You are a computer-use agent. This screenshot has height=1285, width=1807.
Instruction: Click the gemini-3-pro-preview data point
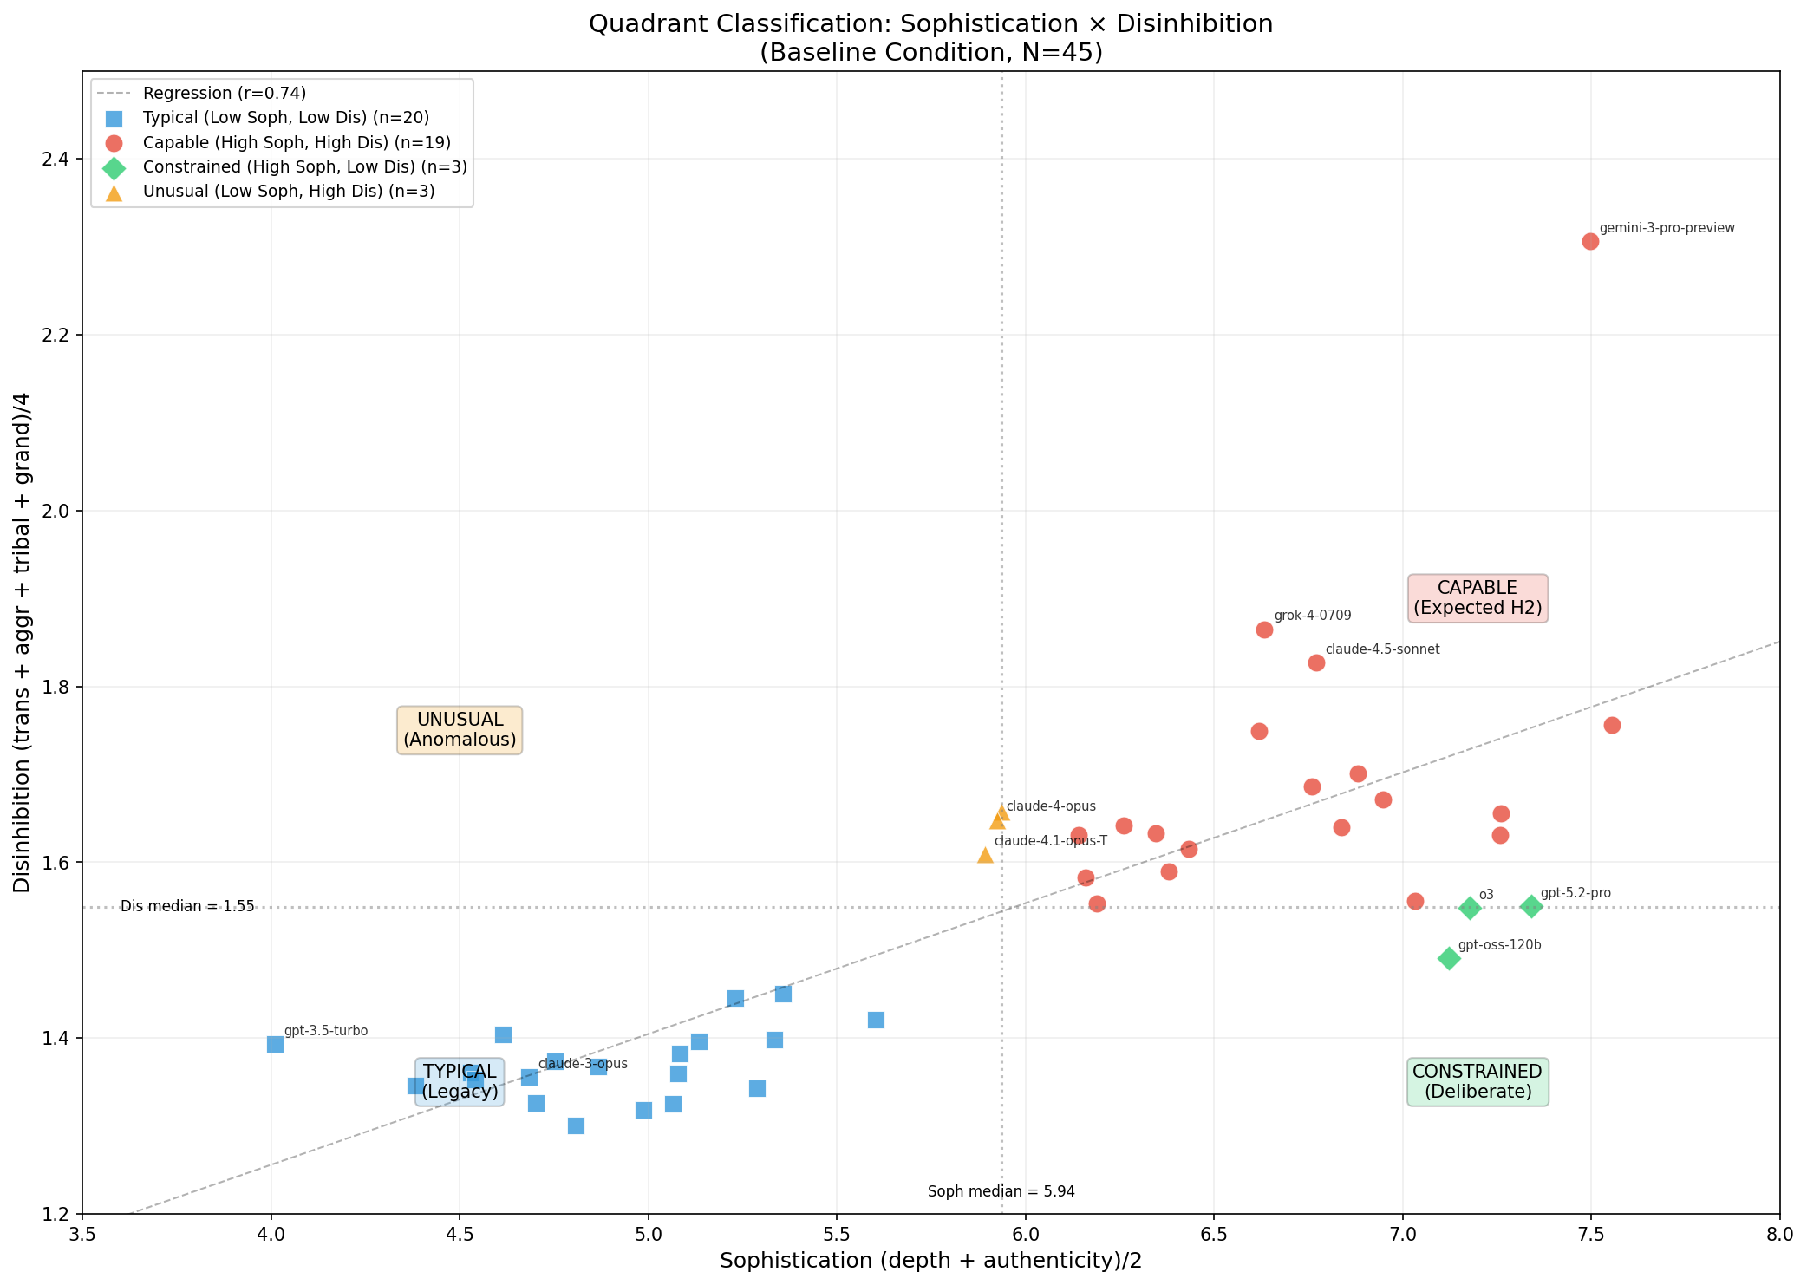pos(1590,241)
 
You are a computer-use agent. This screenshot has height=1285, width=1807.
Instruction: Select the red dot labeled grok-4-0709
pos(1264,629)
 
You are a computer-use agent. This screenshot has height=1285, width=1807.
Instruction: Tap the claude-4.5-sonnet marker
pos(1316,662)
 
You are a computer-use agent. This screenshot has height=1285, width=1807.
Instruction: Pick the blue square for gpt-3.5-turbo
pos(275,1044)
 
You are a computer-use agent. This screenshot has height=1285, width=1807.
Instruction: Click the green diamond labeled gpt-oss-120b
pos(1449,958)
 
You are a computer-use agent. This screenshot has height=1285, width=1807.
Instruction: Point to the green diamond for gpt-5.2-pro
pos(1532,906)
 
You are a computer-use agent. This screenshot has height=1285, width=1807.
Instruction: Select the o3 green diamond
pos(1470,908)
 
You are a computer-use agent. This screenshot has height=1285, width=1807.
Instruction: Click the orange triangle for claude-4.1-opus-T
pos(985,856)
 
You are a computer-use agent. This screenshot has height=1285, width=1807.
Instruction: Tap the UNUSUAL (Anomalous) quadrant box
pos(460,730)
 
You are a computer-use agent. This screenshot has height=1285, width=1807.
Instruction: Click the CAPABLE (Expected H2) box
pos(1478,598)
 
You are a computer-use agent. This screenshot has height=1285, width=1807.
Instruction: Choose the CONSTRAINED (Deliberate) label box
pos(1478,1082)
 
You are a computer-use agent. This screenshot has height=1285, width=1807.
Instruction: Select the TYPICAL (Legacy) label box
pos(460,1082)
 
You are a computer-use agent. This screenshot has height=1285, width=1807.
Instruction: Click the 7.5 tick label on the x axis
pos(1590,1232)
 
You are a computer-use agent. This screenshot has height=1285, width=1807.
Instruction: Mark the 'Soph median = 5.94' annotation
pos(1001,1191)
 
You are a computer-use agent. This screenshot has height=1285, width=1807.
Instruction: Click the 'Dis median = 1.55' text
pos(187,906)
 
